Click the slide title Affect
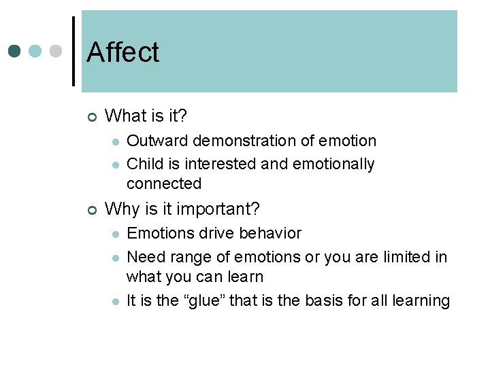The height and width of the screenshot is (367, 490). pos(123,52)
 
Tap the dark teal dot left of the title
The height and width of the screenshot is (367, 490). pos(15,51)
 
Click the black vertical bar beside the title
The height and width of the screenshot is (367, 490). pos(73,51)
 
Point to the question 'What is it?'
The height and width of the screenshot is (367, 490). pos(146,116)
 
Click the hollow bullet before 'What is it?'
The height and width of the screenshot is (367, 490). pos(92,117)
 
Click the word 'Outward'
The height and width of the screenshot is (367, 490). pos(157,141)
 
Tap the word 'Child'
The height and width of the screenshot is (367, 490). pos(144,164)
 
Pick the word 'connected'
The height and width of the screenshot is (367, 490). pos(164,183)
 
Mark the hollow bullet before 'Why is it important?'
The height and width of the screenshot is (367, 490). pos(92,209)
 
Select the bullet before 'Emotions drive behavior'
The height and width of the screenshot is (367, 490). pos(116,234)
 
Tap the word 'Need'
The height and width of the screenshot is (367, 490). pos(144,257)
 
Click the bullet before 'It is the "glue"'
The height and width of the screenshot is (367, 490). pos(116,302)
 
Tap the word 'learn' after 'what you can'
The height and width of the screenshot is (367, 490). pos(246,277)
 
